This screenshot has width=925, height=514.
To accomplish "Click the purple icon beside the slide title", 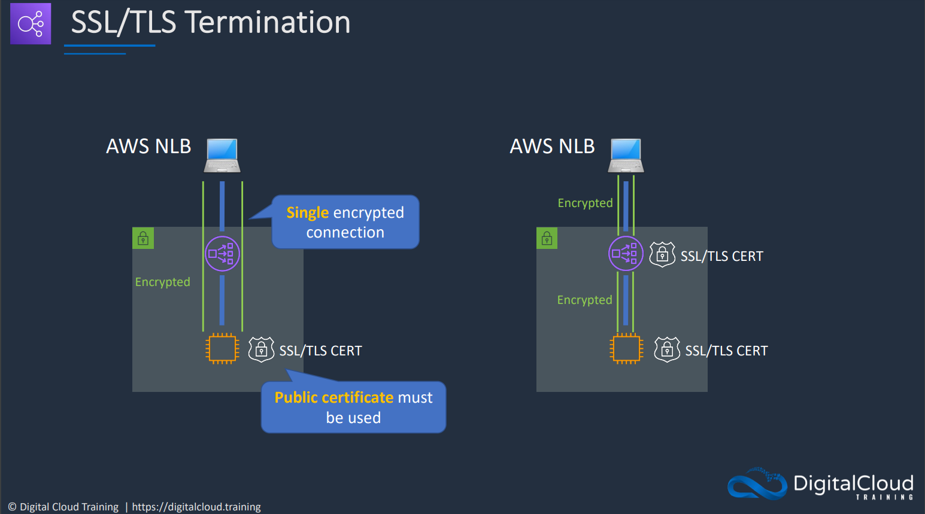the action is [31, 23].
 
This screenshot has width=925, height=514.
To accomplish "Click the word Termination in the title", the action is [269, 22].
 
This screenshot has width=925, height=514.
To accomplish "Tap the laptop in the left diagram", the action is [222, 155].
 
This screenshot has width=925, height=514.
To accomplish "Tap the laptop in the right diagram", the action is [626, 155].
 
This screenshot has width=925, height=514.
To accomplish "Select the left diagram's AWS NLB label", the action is [148, 146].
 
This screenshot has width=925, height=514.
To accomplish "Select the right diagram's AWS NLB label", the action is [552, 146].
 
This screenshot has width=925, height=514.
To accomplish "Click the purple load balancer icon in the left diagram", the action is [222, 254].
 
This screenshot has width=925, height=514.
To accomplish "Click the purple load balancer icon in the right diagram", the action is [626, 254].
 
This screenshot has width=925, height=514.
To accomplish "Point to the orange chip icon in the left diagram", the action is [222, 349].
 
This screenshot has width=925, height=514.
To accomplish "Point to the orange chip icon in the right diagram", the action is [626, 349].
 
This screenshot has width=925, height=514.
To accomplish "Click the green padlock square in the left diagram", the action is [143, 238].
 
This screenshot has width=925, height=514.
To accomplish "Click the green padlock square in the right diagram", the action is [547, 238].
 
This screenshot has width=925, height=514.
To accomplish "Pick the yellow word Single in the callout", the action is [307, 212].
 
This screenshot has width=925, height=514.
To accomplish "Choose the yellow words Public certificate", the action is [333, 397].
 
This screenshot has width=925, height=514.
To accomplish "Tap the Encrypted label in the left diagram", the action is [163, 282].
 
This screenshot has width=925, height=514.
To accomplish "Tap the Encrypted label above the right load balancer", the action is [585, 203].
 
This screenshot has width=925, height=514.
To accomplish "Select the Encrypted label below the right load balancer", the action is [585, 300].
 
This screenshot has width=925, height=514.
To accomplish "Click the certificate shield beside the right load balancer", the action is [662, 254].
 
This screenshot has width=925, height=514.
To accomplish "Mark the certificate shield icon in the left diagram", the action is [261, 349].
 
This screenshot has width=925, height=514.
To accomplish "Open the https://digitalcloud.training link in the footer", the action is [196, 507].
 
